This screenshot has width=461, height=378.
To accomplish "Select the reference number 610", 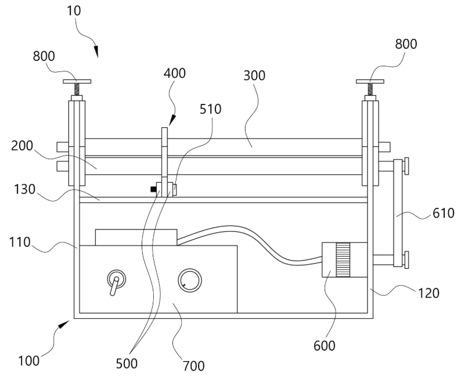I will point(444,213).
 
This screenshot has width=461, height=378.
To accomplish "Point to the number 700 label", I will point(193,366).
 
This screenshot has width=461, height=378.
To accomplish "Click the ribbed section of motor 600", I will point(343,260).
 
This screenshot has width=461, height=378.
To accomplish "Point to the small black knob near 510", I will point(153,189).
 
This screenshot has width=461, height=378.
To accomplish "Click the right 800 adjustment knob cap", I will point(370,81).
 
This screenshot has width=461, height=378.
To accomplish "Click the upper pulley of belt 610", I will point(406,165).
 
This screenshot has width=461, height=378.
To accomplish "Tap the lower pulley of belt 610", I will point(406,258).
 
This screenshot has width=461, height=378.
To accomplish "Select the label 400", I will point(175,74).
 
